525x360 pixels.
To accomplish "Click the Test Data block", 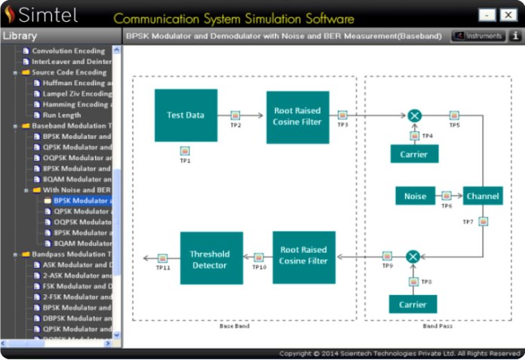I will pos(186,115).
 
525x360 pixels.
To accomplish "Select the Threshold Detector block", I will pos(211,258).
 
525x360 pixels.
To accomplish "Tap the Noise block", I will pos(415,196).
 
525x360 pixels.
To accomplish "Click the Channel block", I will pos(483,196).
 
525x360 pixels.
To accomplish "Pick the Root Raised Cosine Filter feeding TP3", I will pos(297,117).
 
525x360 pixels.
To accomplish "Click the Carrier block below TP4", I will pos(414,154).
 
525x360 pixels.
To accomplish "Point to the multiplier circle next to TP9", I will pos(413,257).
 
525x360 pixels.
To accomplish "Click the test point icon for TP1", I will pos(185,151).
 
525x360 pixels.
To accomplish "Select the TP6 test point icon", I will pos(447,195).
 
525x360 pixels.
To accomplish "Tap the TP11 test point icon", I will pos(163,258).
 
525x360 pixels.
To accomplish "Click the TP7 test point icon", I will pos(483,222).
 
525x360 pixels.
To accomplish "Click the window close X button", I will pos(507,15).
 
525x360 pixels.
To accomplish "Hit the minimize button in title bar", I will pos(487,15).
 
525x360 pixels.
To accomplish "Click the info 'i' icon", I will pos(517,35).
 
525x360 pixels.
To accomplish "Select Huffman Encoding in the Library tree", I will pos(77,83).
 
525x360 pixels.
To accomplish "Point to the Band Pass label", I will pos(437,326).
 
